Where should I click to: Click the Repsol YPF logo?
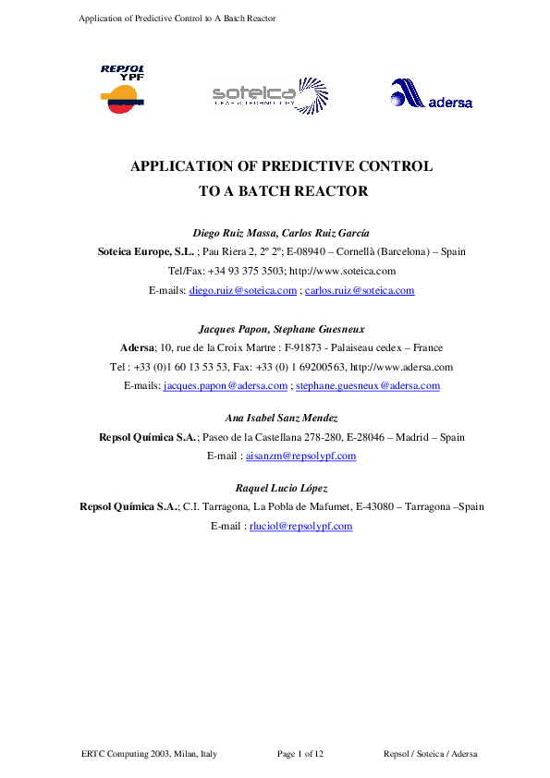[x=122, y=89]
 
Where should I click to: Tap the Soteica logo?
[x=269, y=93]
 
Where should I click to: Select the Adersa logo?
[x=431, y=94]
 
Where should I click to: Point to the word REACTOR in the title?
[x=328, y=192]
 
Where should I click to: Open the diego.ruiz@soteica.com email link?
[x=243, y=290]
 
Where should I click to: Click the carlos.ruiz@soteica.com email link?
[x=360, y=290]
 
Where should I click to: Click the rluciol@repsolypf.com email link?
[x=300, y=526]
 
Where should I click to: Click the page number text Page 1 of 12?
[x=300, y=755]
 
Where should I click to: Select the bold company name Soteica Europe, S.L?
[x=146, y=251]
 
